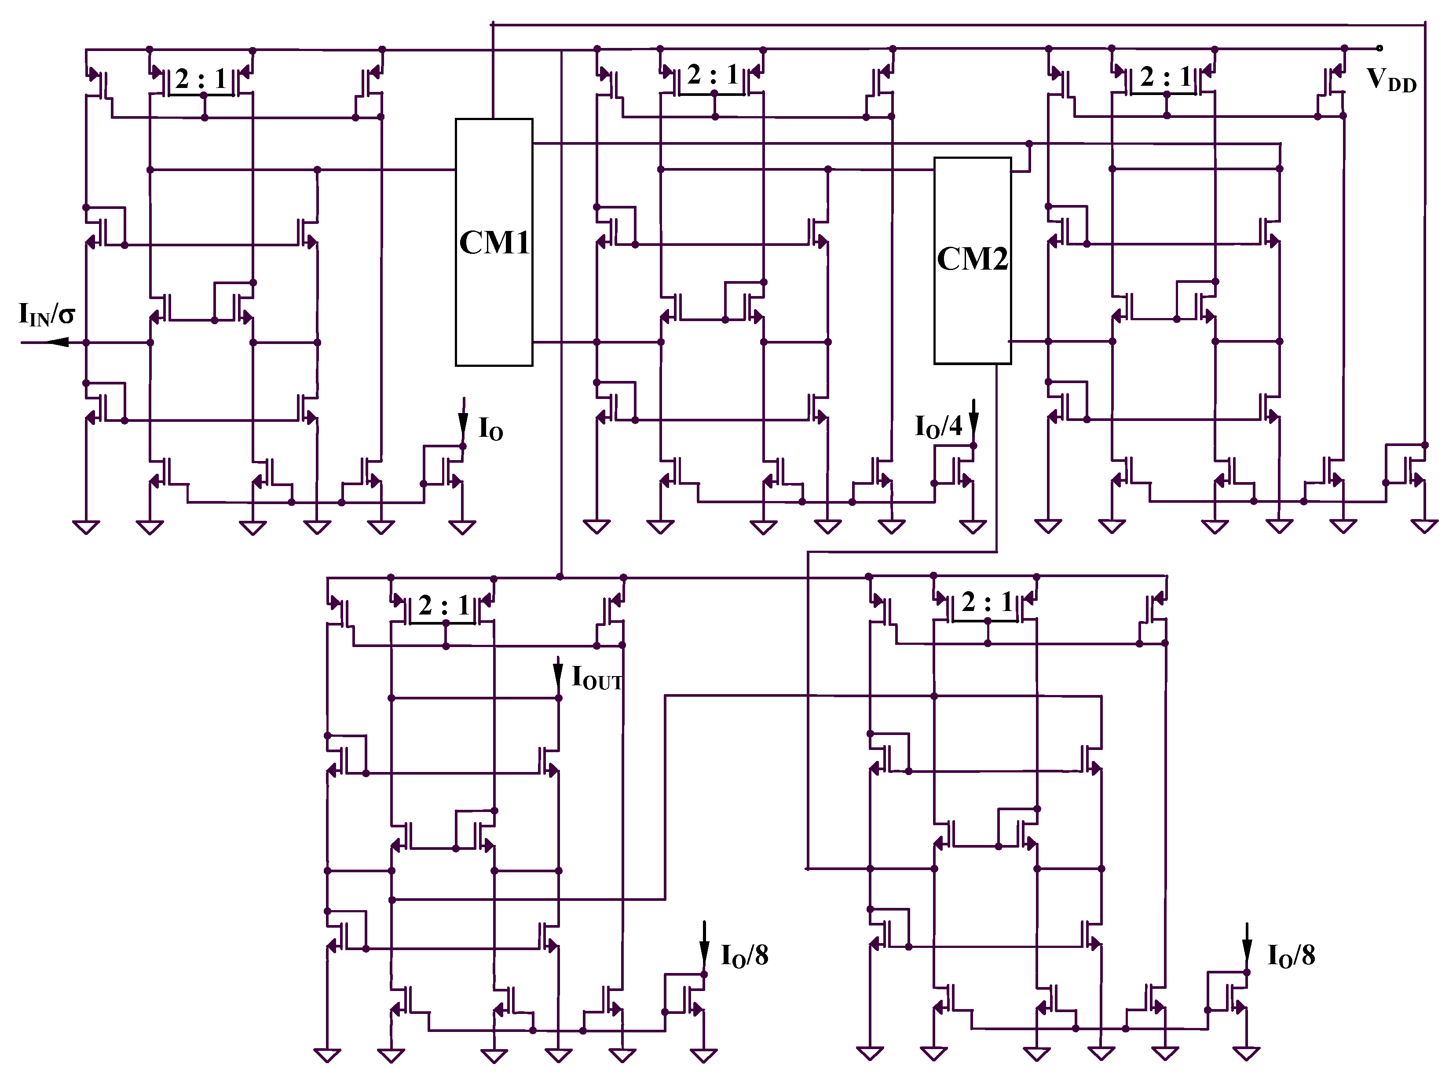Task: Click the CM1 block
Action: coord(494,243)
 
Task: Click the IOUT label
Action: coord(596,678)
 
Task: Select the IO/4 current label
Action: coord(938,427)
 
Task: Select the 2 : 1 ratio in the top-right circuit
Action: coord(1166,77)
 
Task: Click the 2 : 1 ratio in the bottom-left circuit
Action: coord(444,606)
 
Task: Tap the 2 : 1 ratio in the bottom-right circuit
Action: coord(987,602)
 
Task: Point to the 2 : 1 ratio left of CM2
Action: coord(713,76)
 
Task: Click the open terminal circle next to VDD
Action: coord(1379,48)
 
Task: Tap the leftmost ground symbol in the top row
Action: coord(85,527)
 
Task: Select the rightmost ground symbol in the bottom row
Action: coord(1246,1053)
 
